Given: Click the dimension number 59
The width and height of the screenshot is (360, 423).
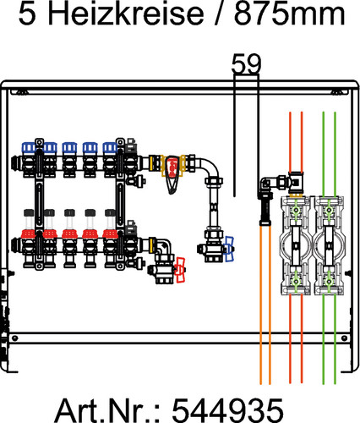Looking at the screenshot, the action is point(246,64).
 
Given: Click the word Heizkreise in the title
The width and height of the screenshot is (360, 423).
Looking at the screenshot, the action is point(125,14).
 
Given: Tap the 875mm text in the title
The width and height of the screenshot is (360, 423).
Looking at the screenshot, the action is point(289,14).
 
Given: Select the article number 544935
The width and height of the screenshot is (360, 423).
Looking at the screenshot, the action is point(227,410).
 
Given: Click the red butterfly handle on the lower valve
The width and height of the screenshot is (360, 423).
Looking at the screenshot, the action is point(179,270).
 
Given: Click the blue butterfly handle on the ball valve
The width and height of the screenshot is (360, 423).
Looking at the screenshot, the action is point(228,249).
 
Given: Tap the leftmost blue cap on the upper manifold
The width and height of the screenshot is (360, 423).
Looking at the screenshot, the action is point(29,147).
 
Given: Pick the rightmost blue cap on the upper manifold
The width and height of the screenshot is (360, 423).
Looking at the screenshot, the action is point(110,147).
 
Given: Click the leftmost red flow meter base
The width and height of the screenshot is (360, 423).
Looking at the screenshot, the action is point(29,233).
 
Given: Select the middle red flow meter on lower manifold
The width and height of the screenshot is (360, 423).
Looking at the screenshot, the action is point(69,233).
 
